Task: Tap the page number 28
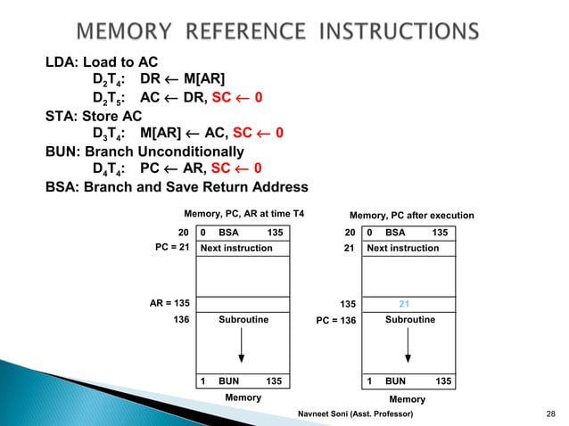549,414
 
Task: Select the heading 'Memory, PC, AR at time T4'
243,215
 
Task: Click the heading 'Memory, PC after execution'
411,215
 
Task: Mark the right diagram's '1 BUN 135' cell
408,381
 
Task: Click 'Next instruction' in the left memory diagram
237,248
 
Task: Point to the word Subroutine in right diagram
410,318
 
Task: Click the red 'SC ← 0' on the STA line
258,134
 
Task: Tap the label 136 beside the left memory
181,318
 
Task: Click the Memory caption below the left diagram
243,397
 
